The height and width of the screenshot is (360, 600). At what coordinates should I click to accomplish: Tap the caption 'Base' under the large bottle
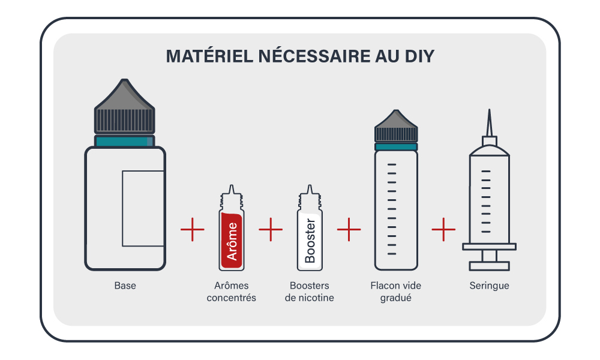tap(125, 286)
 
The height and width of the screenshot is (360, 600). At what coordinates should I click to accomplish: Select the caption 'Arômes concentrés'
tap(231, 292)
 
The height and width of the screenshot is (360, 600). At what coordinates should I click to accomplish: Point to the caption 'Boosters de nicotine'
tap(310, 292)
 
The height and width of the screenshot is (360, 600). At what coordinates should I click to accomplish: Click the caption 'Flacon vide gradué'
tap(395, 292)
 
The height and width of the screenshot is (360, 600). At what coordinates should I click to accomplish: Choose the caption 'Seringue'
tap(489, 286)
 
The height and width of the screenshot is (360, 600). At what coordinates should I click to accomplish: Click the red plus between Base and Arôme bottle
tap(193, 230)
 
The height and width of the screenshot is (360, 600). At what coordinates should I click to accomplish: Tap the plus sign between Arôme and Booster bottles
tap(271, 230)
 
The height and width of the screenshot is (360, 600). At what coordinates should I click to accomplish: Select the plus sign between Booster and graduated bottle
tap(349, 230)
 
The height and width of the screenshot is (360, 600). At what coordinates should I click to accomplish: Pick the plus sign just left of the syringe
tap(443, 230)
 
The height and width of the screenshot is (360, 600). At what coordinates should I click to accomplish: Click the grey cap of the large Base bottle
tap(125, 111)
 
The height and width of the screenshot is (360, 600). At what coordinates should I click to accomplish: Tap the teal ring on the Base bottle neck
tap(125, 142)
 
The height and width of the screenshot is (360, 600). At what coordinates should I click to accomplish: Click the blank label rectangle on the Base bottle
tap(143, 208)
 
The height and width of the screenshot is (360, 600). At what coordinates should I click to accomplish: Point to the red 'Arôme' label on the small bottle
tap(231, 240)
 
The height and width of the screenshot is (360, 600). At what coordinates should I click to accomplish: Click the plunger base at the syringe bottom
tap(489, 265)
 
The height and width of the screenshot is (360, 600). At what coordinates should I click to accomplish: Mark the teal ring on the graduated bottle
tap(396, 146)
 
